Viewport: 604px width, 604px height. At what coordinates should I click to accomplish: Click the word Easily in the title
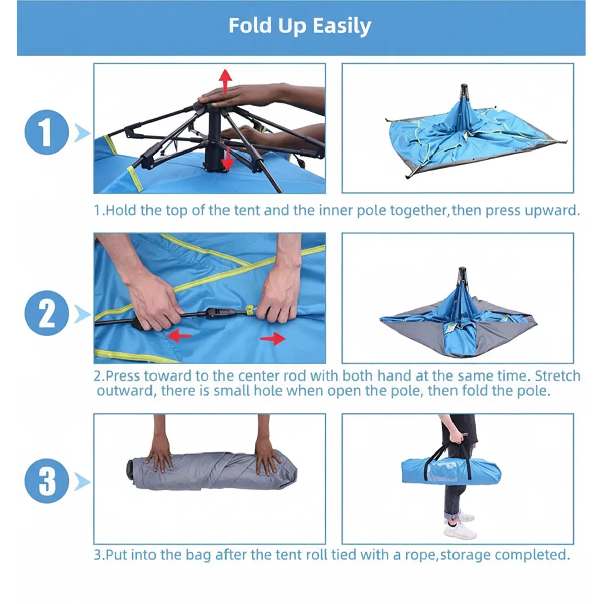342,26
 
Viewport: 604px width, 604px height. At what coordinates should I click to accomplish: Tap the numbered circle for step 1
47,132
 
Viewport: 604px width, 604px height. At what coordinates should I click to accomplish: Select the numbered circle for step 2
47,313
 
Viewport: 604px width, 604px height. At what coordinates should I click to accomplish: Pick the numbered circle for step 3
47,481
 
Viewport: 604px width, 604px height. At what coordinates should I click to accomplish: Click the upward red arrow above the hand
225,81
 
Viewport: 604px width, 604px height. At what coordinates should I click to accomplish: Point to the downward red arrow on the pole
227,159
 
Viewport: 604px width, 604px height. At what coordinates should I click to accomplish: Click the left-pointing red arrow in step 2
179,336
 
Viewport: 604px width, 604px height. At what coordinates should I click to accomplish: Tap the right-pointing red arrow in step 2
273,339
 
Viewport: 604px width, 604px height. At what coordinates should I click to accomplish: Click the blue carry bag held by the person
451,471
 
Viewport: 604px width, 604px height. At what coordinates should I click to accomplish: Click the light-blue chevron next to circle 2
83,314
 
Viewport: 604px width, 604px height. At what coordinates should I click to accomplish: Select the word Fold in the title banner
250,25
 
